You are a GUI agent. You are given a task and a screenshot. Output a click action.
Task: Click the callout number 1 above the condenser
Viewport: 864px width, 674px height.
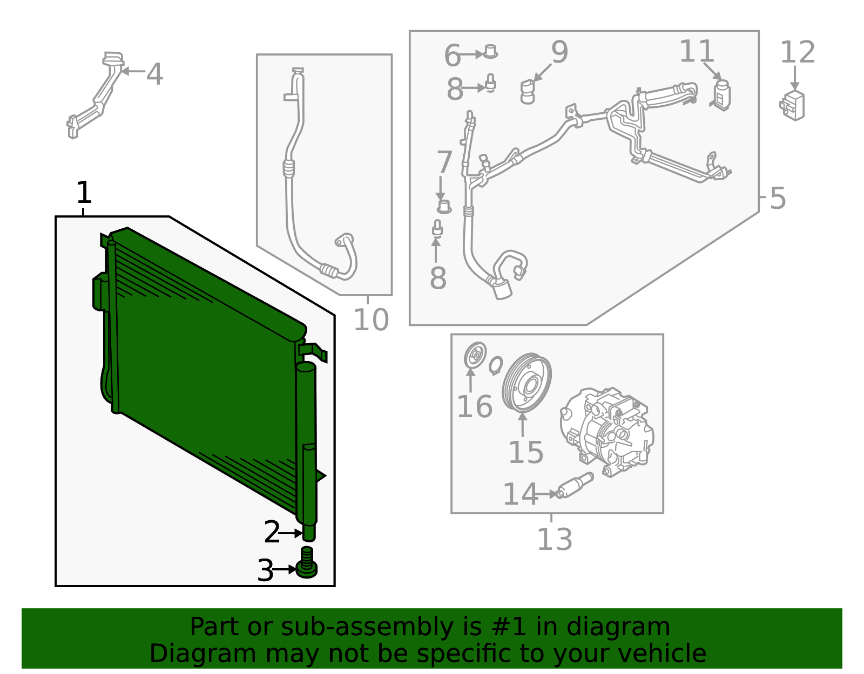[x=84, y=192]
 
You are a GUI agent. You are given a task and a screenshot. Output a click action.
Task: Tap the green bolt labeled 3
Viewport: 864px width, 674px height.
[x=307, y=563]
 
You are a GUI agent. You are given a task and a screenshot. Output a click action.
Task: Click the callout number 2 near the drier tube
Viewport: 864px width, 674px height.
[x=272, y=533]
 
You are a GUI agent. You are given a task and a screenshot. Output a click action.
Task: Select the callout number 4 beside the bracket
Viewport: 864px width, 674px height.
[x=154, y=74]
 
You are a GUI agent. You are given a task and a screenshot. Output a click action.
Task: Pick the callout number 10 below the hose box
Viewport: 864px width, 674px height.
[x=370, y=320]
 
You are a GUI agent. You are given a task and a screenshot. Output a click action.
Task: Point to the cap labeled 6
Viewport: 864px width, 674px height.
[x=490, y=52]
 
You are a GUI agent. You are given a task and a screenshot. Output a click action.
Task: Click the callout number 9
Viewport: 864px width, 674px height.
[x=559, y=52]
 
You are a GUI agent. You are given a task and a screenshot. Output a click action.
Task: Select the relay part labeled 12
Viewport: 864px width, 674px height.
[x=792, y=105]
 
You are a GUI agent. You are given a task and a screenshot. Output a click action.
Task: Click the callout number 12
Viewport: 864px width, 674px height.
[x=797, y=52]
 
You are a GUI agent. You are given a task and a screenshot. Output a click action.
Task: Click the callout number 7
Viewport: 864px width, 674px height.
[x=444, y=162]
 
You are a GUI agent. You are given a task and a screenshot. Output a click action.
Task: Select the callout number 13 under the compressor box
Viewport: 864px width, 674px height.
[x=554, y=539]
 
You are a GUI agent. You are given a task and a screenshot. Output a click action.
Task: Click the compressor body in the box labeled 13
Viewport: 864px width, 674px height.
[x=607, y=432]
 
